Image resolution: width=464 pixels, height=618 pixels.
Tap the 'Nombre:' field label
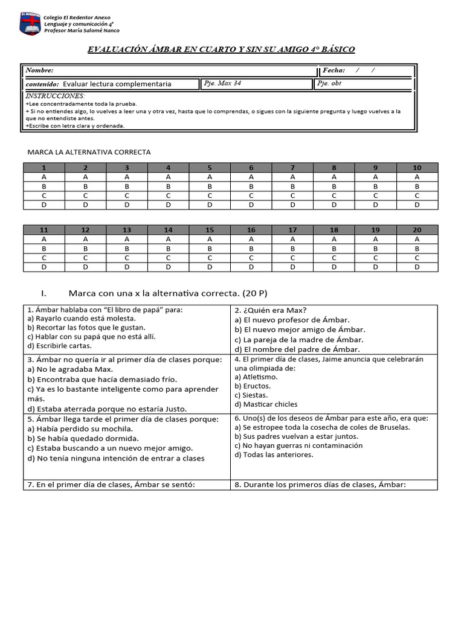pos(40,71)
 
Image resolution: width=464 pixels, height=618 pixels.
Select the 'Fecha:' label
pos(333,71)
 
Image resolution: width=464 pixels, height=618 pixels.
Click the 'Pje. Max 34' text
pos(223,83)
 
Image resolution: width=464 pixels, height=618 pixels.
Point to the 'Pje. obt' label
pos(329,83)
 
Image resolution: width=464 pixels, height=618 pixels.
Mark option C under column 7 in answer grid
pos(292,196)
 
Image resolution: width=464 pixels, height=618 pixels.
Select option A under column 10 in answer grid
pos(417,177)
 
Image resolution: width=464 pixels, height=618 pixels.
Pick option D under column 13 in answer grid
pos(127,267)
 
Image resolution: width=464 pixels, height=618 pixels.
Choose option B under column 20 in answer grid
pos(417,248)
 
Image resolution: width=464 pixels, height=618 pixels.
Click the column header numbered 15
pos(210,230)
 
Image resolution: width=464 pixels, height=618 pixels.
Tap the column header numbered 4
pos(168,168)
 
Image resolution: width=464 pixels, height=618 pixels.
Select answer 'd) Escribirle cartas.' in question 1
pos(60,346)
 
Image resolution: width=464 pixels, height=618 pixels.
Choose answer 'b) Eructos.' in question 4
pos(253,386)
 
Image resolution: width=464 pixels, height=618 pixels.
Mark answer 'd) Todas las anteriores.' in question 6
pos(274,454)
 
